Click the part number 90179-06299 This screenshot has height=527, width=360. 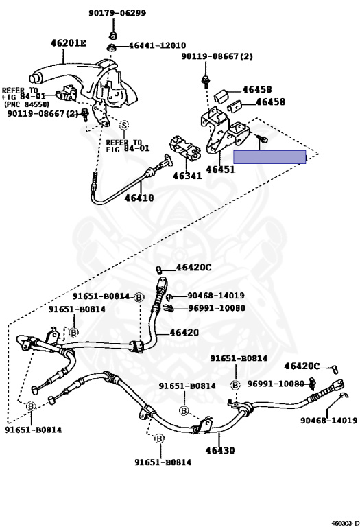pos(117,13)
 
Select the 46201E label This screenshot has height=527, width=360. pos(69,43)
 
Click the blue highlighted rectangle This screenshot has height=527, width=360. pos(269,157)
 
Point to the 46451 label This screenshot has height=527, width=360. pos(220,168)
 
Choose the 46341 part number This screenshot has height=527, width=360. pos(187,176)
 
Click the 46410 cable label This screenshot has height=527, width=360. pos(139,198)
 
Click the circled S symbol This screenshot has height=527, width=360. pos(124,125)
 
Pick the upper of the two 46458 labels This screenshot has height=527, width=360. pos(257,89)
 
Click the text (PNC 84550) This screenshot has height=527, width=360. pos(26,104)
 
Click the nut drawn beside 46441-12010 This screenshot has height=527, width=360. pos(112,47)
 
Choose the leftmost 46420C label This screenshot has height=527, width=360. pos(193,268)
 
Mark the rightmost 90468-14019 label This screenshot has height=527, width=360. pos(328,421)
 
